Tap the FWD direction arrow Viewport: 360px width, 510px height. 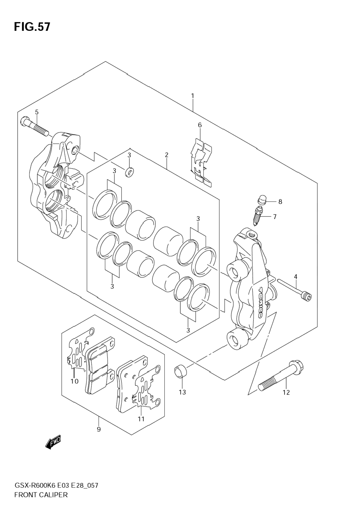click(53, 442)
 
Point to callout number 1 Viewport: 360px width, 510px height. click(193, 96)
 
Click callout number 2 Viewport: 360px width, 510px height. click(167, 155)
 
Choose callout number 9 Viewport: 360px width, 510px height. click(99, 429)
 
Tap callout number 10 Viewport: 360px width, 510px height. click(74, 381)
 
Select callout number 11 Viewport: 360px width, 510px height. click(141, 419)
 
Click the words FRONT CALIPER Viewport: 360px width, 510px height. click(41, 495)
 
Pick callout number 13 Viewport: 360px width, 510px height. click(182, 392)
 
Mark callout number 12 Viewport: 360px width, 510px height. click(286, 392)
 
